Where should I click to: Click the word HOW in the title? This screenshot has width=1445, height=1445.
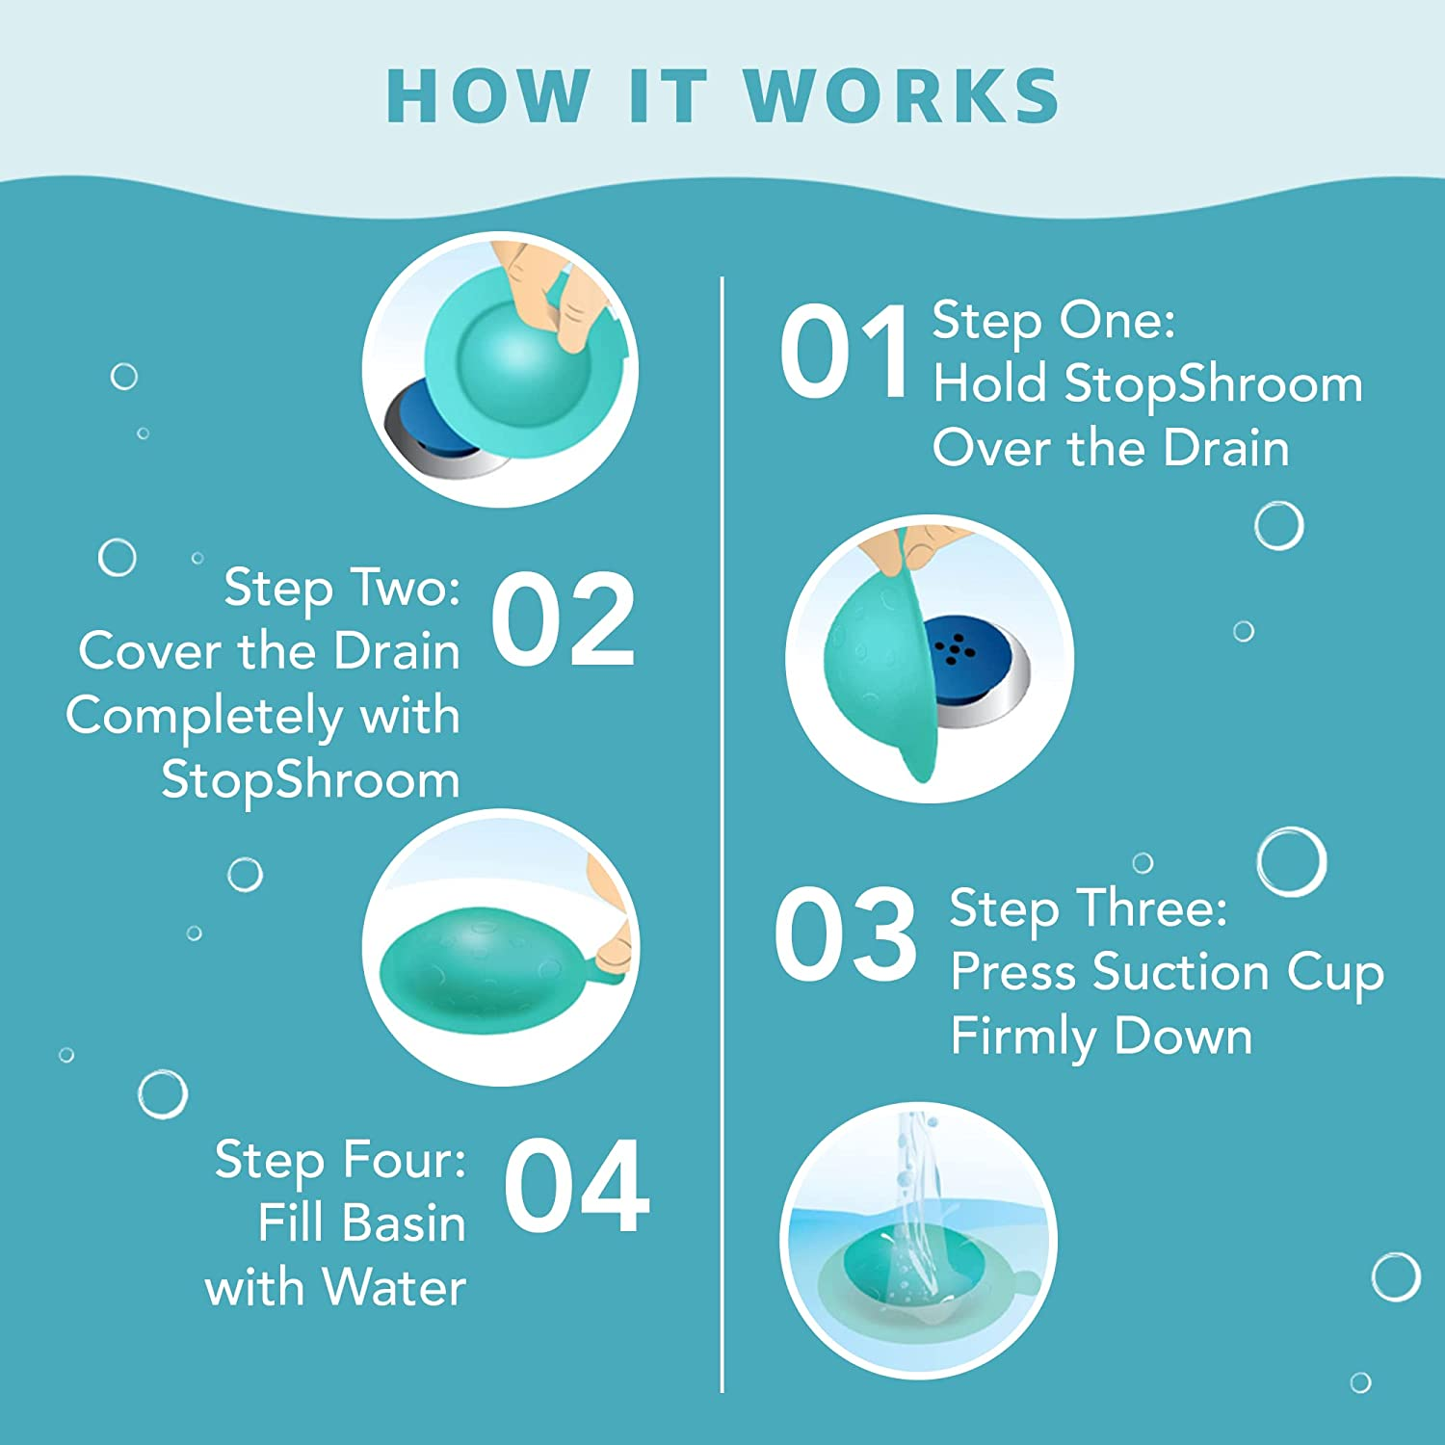point(488,96)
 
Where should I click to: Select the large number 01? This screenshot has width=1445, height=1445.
point(844,351)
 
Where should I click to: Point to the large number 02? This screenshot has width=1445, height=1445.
point(563,619)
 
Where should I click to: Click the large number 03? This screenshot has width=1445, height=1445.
point(845,935)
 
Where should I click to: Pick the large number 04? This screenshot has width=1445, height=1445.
point(576,1186)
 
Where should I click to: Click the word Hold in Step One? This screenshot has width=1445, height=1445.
point(989,383)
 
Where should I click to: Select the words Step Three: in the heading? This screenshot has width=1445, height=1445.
point(1089,907)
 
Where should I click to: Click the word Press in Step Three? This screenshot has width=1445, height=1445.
point(1011,972)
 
